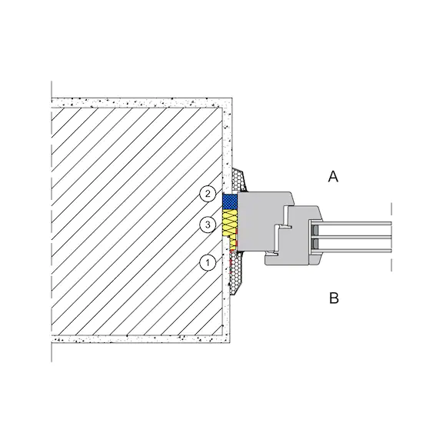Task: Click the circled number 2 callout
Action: coord(208,194)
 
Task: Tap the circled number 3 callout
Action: coord(208,225)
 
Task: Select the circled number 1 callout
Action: coord(208,263)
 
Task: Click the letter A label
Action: coord(333,177)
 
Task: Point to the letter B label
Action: coord(334,298)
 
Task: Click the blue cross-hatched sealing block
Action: coord(230,202)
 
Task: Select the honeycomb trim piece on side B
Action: coord(237,272)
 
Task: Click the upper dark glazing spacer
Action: coord(315,231)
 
